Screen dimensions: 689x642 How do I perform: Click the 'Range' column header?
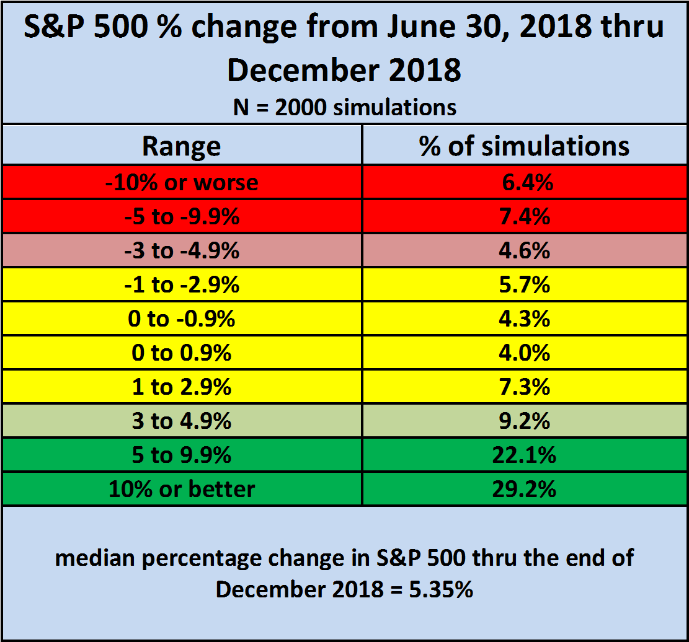coord(182,146)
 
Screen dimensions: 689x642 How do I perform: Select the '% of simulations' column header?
coord(524,146)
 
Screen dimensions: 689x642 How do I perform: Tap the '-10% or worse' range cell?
coord(182,182)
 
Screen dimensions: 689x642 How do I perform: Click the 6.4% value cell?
coord(527,182)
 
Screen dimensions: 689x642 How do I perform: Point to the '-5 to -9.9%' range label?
coord(182,216)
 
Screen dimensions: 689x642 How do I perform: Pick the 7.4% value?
coord(525,216)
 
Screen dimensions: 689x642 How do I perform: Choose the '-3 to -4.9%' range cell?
coord(182,251)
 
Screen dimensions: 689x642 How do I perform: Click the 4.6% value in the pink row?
coord(524,251)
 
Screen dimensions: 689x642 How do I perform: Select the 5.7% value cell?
coord(525,284)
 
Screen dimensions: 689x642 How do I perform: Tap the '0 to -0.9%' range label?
coord(182,319)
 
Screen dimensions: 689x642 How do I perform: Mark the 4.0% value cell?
coord(524,353)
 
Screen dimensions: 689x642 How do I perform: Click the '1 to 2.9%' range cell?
coord(182,387)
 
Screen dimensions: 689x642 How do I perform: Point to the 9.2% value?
coord(524,421)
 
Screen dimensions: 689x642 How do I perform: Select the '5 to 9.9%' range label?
coord(182,455)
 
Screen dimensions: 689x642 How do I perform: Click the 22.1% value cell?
coord(524,455)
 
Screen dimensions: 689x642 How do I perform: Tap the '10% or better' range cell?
coord(182,489)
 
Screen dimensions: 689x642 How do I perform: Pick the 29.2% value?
coord(524,489)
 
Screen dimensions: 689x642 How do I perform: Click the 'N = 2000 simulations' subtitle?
coord(345,107)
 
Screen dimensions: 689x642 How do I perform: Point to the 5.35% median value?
coord(441,589)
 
